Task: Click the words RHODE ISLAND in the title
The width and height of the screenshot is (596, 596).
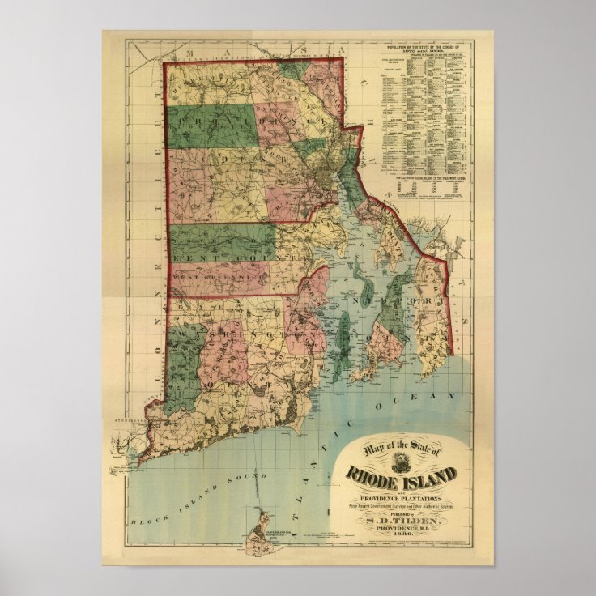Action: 402,474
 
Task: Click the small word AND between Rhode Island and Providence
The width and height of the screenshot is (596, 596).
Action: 402,485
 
